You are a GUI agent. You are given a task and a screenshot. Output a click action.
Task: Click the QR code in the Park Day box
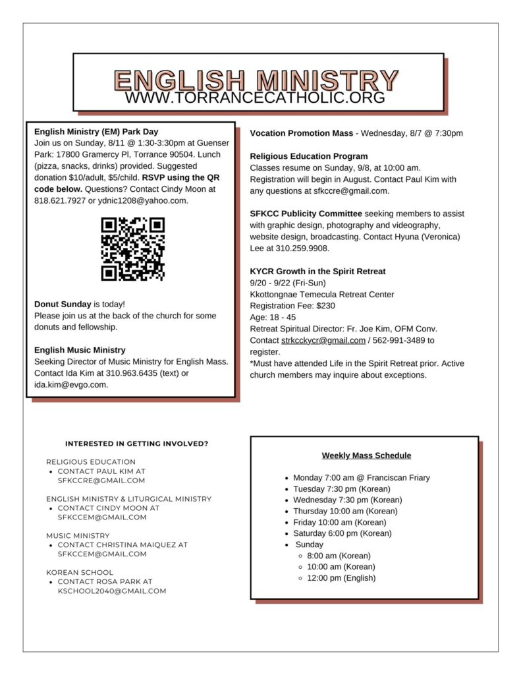pos(132,249)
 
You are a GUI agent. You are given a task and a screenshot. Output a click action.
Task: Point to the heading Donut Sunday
pos(63,305)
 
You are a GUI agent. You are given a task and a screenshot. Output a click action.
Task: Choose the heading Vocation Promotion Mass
pos(301,133)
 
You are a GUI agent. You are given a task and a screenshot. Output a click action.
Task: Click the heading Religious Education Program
pos(309,156)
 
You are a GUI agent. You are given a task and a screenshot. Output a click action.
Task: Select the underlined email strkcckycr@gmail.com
pos(323,340)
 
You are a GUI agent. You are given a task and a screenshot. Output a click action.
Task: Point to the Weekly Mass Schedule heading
pos(366,455)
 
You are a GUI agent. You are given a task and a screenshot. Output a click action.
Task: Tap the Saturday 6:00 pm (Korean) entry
pos(342,533)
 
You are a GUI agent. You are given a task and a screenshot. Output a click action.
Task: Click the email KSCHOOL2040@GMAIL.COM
pos(112,591)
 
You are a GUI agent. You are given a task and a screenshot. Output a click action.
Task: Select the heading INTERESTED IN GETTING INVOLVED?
pos(136,444)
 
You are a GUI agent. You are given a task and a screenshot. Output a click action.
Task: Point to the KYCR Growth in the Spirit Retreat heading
pos(317,272)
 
